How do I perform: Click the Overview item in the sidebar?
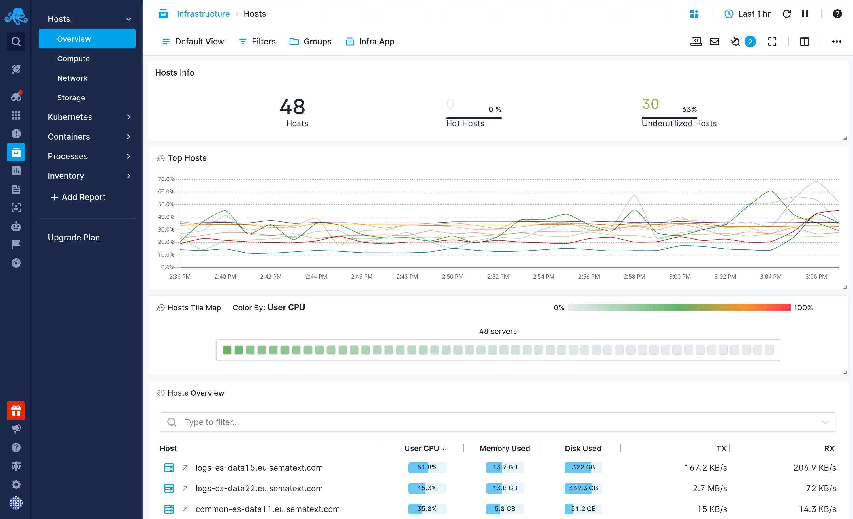tap(74, 39)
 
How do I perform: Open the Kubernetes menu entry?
tap(70, 117)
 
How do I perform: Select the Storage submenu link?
tap(71, 98)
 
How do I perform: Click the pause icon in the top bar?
tap(805, 14)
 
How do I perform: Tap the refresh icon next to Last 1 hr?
tap(787, 14)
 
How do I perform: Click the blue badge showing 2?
tap(750, 42)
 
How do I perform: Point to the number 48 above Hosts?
tap(292, 107)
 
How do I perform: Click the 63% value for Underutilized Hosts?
tap(689, 109)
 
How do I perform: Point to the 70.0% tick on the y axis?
tap(166, 179)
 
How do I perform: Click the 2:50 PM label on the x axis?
tap(452, 276)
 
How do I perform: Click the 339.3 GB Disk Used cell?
tap(583, 488)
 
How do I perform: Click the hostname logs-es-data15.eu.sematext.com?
tap(259, 467)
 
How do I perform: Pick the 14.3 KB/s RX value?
tap(817, 509)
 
